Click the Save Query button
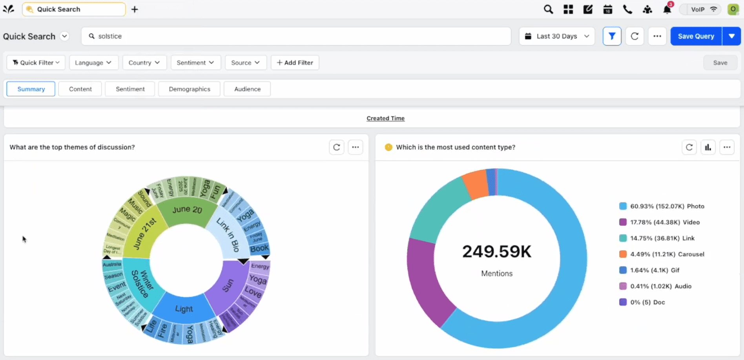[x=696, y=36]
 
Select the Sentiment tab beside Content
[x=130, y=89]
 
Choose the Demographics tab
[x=190, y=89]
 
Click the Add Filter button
[x=295, y=63]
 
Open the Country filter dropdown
[x=144, y=63]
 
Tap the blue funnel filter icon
[x=612, y=36]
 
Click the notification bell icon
[x=667, y=9]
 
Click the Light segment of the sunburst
[x=184, y=308]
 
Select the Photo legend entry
[x=667, y=206]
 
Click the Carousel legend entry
[x=667, y=254]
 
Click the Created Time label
[x=385, y=118]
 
